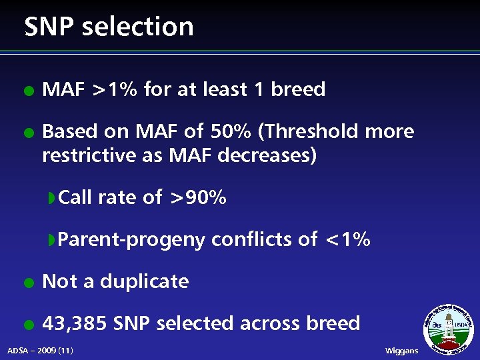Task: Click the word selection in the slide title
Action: (x=139, y=27)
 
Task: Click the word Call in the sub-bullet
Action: (x=75, y=197)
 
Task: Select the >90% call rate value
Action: (x=197, y=198)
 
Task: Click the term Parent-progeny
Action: (x=131, y=239)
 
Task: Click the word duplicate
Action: (x=145, y=281)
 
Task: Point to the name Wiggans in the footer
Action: (x=402, y=351)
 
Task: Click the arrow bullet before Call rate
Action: (x=51, y=198)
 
